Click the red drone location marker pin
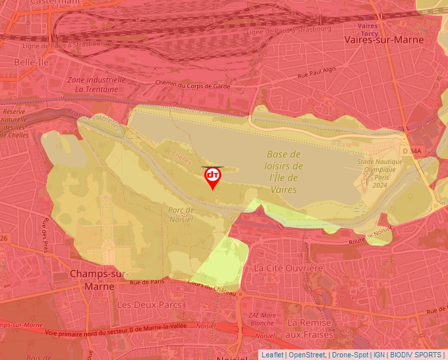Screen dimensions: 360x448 coord(213,177)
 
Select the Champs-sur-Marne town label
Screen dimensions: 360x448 coord(92,280)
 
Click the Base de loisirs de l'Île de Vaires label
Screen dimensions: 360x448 coord(285,171)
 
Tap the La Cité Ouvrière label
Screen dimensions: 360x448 coord(289,269)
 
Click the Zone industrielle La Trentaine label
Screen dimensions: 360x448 coord(96,84)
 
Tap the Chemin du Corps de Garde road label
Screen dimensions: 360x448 coord(192,85)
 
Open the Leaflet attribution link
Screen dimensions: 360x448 coord(272,355)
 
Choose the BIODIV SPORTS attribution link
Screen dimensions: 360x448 coord(416,355)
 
